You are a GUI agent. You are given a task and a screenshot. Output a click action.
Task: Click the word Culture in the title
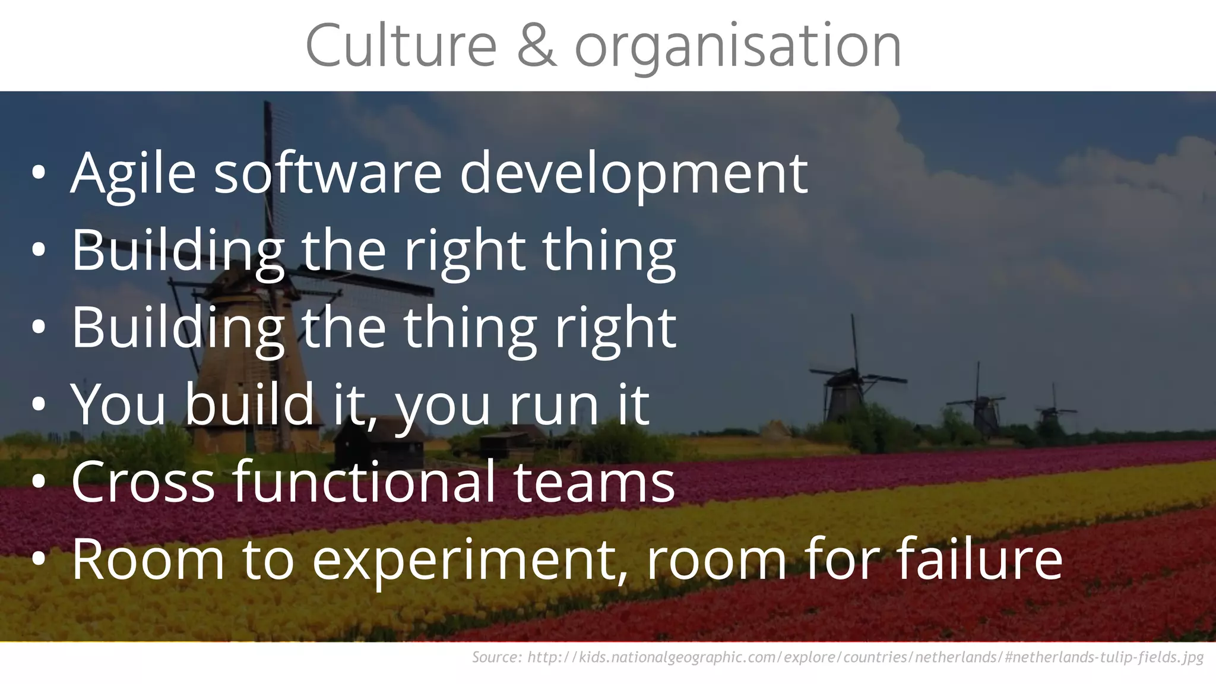click(401, 46)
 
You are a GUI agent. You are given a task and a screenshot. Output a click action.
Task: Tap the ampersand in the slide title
click(536, 46)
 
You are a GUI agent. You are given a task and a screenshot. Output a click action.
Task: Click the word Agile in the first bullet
click(133, 173)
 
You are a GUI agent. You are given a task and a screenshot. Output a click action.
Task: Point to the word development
click(634, 173)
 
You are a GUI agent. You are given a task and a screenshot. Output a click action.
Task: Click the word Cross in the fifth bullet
click(142, 482)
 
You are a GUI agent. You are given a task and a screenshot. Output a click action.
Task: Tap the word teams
click(594, 482)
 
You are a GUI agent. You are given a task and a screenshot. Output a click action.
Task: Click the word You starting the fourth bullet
click(118, 404)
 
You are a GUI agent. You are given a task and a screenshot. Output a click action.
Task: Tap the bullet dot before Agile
click(39, 173)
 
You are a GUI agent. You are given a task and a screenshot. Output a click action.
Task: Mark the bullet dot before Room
click(39, 559)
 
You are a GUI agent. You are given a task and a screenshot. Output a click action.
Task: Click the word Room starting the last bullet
click(148, 559)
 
